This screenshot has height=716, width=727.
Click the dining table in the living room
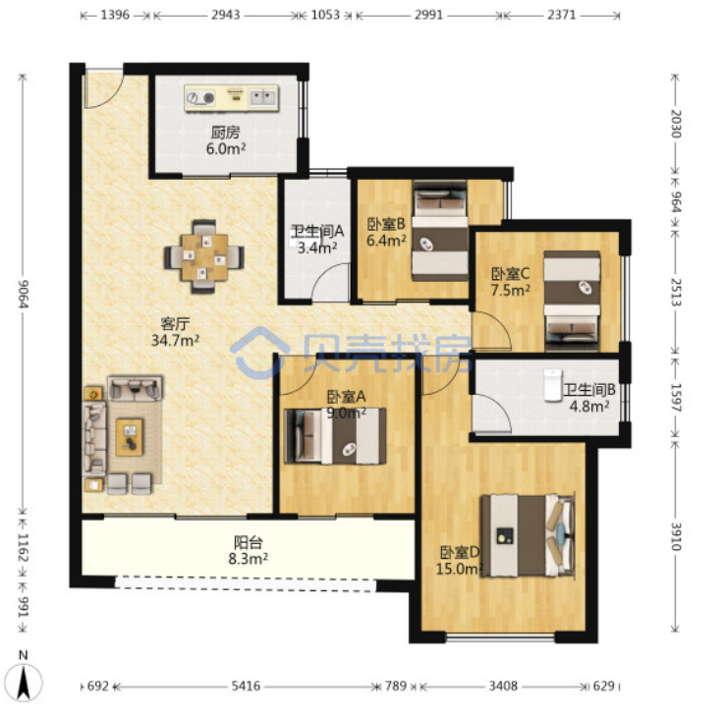pos(204,257)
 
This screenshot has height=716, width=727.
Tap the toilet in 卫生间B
pos(553,385)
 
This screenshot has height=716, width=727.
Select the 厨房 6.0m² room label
pos(226,140)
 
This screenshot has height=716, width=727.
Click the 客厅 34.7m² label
pos(175,332)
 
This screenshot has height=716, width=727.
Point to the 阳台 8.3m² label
pos(248,551)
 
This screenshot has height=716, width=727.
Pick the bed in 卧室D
pos(529,535)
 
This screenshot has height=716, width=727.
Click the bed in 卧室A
pos(335,436)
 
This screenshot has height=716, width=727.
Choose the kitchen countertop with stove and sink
pos(231,98)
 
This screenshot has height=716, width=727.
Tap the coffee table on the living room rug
pos(130,437)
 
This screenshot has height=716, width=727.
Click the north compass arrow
pos(24,682)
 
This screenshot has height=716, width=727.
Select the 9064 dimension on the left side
pos(24,294)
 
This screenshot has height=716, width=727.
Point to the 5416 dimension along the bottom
pos(246,686)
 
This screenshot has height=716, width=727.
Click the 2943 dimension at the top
pos(226,15)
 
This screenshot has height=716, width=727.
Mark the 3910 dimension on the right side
pos(676,536)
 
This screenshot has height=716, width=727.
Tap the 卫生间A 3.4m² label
pos(317,239)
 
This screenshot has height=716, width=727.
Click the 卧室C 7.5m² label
pos(511,282)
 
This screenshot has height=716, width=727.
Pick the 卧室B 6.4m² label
pos(386,232)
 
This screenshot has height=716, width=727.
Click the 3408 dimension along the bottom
pos(503,686)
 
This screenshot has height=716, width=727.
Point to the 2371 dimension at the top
pos(562,15)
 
